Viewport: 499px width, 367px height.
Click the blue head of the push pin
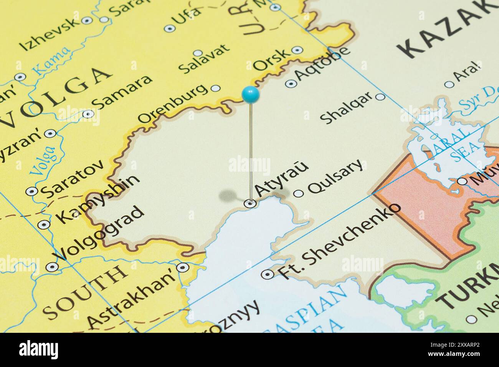pos(251,94)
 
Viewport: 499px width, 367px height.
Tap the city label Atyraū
pos(281,179)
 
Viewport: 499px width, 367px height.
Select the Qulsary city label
pos(335,177)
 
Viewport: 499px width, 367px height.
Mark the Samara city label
pos(122,92)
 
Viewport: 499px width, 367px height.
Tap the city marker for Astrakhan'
pos(182,267)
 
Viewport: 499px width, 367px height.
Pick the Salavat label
pos(204,58)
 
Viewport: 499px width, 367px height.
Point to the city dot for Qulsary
pos(298,193)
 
